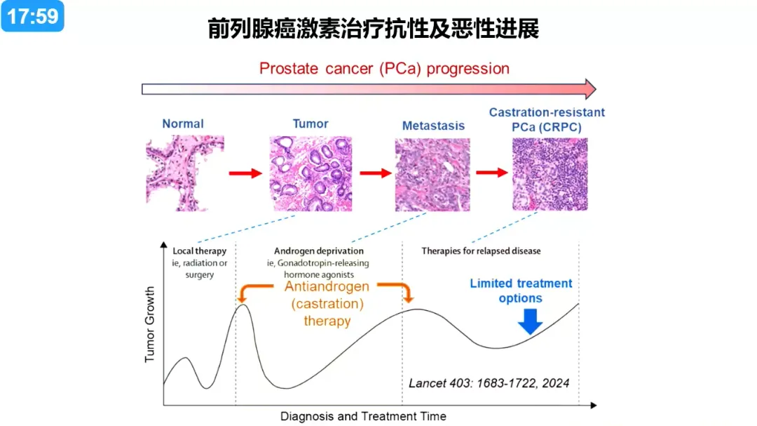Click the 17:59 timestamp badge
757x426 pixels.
pyautogui.click(x=32, y=16)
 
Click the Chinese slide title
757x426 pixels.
pyautogui.click(x=373, y=29)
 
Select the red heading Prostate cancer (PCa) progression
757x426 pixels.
pyautogui.click(x=384, y=69)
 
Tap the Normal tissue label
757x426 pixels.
pyautogui.click(x=183, y=124)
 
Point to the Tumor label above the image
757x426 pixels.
pyautogui.click(x=311, y=124)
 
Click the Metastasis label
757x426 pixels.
pyautogui.click(x=434, y=126)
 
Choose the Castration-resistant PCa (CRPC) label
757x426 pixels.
pyautogui.click(x=547, y=119)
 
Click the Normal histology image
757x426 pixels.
pyautogui.click(x=185, y=173)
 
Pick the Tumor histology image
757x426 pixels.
pyautogui.click(x=311, y=173)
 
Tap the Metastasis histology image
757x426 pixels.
pyautogui.click(x=432, y=175)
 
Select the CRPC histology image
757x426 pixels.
pyautogui.click(x=550, y=174)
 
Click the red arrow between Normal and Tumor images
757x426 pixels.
pyautogui.click(x=245, y=173)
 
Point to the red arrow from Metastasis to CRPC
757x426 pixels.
pyautogui.click(x=492, y=172)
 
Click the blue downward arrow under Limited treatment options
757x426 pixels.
pyautogui.click(x=530, y=321)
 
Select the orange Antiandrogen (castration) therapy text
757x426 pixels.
pyautogui.click(x=327, y=304)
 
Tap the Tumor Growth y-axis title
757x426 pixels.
pyautogui.click(x=150, y=324)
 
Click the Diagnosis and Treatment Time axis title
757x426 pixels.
pyautogui.click(x=363, y=416)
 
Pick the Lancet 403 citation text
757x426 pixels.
pyautogui.click(x=489, y=383)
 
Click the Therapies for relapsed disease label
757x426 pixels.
pyautogui.click(x=481, y=251)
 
